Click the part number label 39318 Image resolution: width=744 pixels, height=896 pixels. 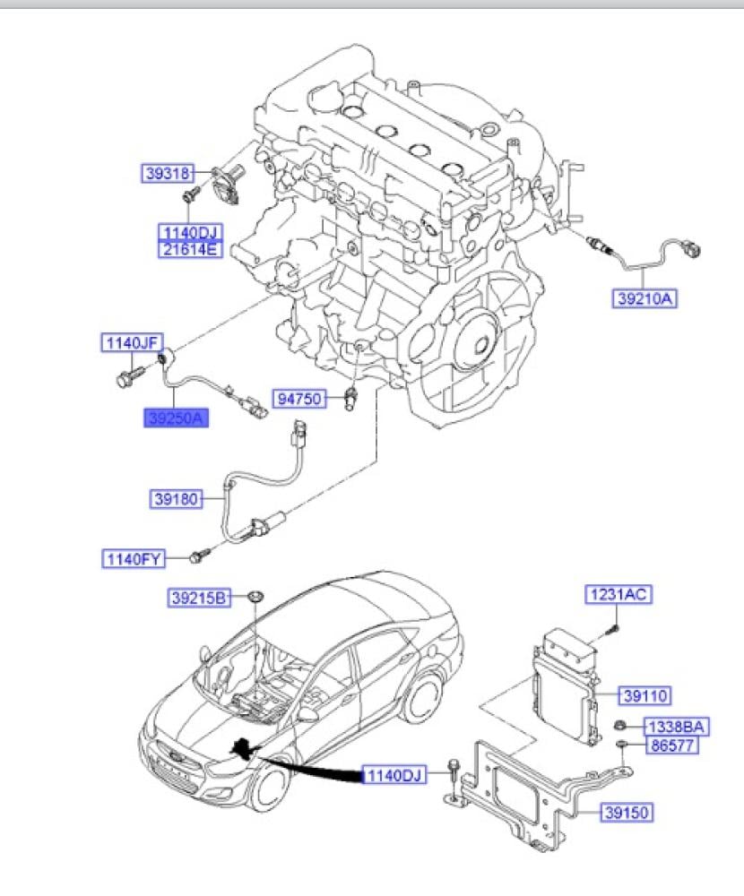point(166,172)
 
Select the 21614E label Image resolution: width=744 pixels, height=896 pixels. point(189,250)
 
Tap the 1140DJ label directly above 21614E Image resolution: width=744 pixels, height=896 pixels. point(189,233)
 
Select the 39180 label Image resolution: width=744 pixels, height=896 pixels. point(176,497)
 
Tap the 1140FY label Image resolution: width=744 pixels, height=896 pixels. point(133,560)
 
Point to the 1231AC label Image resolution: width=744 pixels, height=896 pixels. point(619,594)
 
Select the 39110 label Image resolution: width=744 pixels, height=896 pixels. point(645,695)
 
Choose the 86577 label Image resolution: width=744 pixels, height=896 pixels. point(669,745)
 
